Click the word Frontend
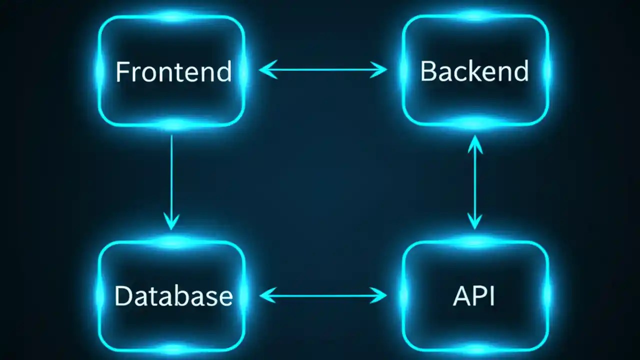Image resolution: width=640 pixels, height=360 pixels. coord(173,71)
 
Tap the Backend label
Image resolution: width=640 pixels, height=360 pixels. coord(474,71)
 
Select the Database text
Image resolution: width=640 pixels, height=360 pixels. coord(173,296)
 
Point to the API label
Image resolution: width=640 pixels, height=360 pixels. coord(474,296)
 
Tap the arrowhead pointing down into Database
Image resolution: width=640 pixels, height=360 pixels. coord(171,224)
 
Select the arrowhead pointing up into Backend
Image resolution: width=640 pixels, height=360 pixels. coord(474,142)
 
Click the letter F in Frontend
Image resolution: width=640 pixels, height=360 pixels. coord(121,71)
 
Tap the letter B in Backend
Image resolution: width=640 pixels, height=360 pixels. coord(426,71)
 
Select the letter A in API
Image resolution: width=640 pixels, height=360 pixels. coord(460,296)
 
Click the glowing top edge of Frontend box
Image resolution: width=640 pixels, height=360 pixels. coord(171,16)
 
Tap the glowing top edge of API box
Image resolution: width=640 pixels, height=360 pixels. coord(474,242)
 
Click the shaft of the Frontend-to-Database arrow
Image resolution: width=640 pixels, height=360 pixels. coord(171,175)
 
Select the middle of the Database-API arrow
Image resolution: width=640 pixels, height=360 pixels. coord(323,295)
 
